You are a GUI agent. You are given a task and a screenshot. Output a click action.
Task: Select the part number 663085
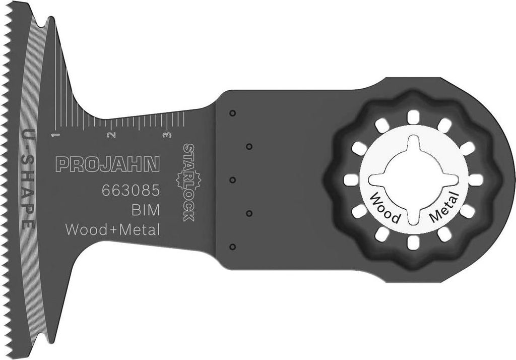pos(131,191)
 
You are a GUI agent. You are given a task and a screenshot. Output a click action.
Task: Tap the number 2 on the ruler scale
pos(111,135)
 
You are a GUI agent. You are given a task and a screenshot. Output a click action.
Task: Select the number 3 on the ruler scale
pos(167,135)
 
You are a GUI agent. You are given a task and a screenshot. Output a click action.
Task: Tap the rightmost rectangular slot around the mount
pos(477,179)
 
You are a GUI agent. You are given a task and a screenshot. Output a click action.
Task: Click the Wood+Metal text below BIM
pos(113,230)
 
